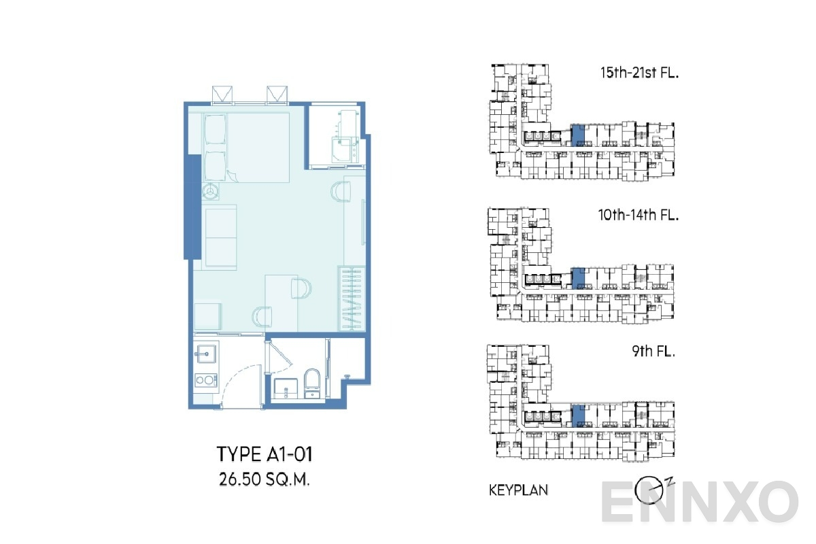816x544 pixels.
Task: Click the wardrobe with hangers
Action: [352, 299]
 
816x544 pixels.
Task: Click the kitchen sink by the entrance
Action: [205, 353]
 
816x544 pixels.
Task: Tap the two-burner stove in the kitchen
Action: [205, 380]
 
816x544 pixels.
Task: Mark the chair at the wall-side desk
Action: [339, 192]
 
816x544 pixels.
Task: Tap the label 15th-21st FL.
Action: [639, 72]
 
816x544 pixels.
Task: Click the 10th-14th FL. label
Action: [639, 216]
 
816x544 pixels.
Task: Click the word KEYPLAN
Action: [519, 490]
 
